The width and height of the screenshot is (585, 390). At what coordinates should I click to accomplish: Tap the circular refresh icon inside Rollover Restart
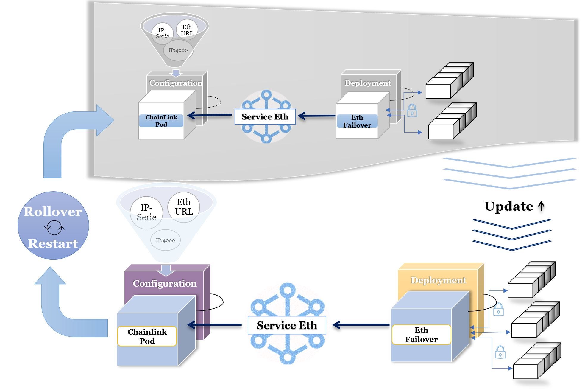tap(54, 228)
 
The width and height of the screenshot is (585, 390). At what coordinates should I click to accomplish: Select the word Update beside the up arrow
tap(508, 206)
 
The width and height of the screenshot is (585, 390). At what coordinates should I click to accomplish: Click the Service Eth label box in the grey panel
tap(265, 117)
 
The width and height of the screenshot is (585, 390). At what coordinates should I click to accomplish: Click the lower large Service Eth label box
tap(287, 325)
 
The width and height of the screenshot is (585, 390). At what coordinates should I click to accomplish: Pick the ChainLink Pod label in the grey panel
tap(161, 121)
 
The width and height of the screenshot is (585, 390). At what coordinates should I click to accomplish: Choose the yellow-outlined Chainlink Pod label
tap(147, 336)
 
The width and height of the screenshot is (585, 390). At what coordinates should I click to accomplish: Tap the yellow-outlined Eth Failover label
tap(421, 335)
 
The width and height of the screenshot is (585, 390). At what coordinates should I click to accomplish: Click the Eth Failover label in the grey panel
tap(357, 121)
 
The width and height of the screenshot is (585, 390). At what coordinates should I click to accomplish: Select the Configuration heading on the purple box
tap(165, 283)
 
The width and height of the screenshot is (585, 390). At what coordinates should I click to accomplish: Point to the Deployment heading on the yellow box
tap(438, 280)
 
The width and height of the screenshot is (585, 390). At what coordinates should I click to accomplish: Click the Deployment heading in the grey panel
tap(368, 83)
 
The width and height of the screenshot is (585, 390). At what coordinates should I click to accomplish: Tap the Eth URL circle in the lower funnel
tap(184, 207)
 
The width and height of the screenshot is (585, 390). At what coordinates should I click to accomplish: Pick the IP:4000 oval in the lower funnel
tap(165, 240)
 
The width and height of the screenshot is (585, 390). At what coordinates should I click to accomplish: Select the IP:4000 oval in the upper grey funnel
tap(178, 50)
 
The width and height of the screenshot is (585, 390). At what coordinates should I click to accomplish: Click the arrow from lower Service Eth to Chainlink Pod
tap(214, 325)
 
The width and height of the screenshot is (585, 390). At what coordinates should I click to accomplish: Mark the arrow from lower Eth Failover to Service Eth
tap(360, 325)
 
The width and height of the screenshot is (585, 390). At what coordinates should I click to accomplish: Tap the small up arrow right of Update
tap(541, 206)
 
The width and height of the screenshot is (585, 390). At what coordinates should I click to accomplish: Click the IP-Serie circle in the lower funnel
tap(146, 212)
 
